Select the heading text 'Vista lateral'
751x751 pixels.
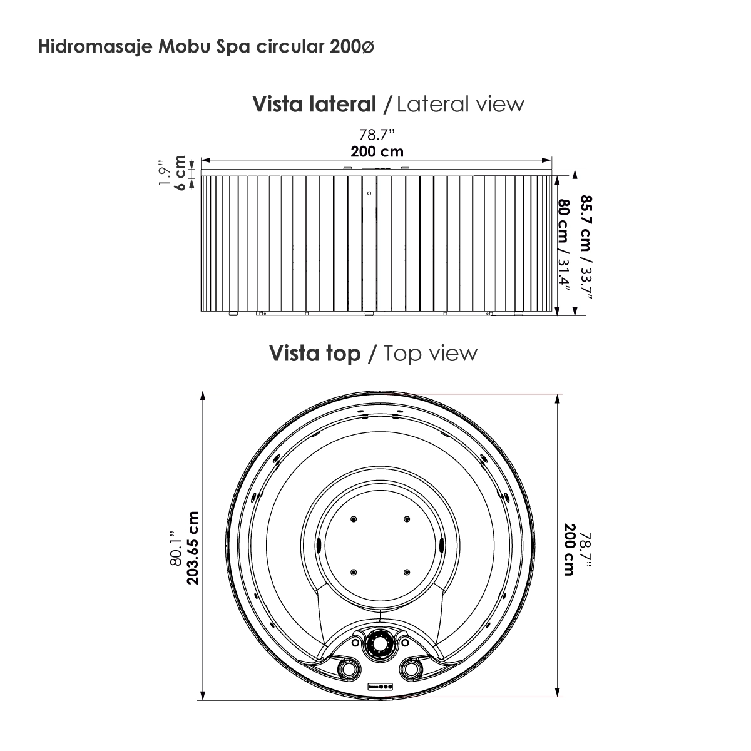pos(314,105)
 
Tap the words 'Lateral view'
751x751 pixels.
pos(461,105)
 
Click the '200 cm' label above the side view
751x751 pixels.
pos(377,151)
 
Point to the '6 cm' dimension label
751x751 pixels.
pos(180,172)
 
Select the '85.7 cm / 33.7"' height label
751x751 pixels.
pos(586,247)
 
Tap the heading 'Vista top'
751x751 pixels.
pos(315,354)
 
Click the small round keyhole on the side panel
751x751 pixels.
pos(369,193)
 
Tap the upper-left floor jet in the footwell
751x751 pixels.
pos(354,519)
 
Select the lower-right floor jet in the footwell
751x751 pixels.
pos(407,572)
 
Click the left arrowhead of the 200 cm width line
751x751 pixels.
pos(206,160)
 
